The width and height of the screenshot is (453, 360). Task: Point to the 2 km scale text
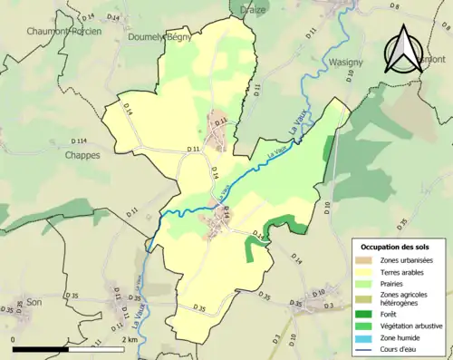(x=130, y=339)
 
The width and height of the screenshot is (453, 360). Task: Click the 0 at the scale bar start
(x=14, y=339)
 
